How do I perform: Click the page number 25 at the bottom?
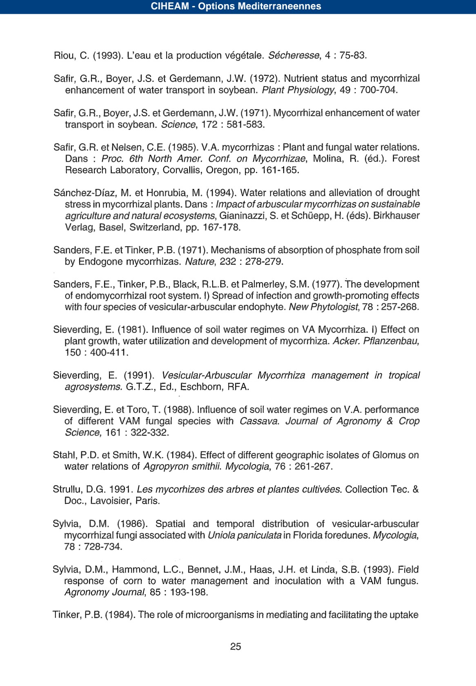pos(236,646)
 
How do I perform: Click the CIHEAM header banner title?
pos(236,7)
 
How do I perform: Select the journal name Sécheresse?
pos(294,55)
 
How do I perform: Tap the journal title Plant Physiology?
pos(298,90)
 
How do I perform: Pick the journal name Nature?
pos(200,261)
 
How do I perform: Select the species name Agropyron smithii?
pos(182,466)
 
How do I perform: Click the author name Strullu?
pos(67,489)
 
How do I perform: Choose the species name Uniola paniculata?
pos(245,535)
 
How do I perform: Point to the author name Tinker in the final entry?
pos(67,615)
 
